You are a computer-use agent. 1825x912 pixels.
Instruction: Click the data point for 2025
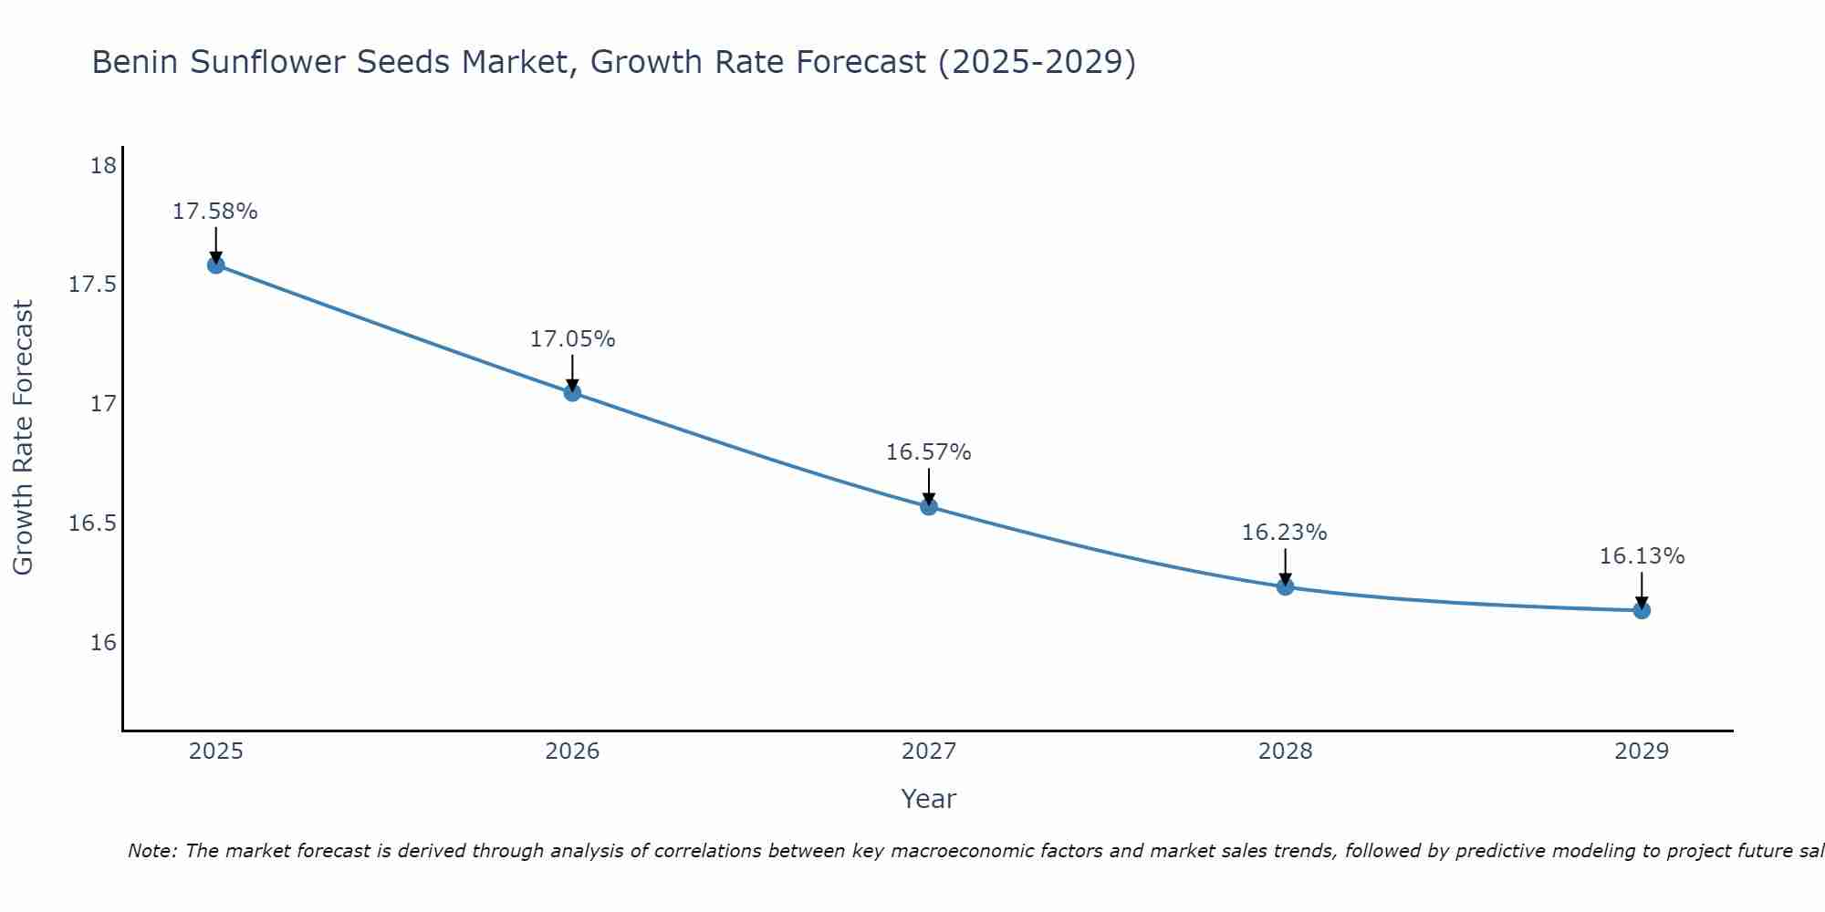216,265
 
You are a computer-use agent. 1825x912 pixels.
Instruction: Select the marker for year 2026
572,393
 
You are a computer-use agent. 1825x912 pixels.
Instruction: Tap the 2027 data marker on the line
929,507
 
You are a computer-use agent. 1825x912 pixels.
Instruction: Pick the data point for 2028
1285,586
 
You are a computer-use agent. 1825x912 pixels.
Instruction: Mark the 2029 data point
1642,610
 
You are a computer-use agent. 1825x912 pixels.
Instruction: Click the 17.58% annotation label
215,212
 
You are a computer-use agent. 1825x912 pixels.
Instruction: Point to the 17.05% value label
572,339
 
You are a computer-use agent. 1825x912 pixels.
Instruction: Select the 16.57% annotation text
929,452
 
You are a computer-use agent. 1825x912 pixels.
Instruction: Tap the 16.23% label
1285,533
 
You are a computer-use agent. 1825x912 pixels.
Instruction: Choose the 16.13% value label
1642,556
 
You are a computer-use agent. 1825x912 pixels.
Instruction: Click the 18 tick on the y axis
104,166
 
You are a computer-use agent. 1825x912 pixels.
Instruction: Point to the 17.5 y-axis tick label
93,285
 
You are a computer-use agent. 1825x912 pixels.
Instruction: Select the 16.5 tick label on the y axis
93,523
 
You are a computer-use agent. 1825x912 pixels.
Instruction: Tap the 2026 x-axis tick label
572,751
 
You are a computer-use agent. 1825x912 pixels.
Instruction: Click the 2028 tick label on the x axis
1285,751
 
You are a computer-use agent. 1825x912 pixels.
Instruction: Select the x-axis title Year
929,799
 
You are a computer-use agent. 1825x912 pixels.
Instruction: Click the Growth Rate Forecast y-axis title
24,438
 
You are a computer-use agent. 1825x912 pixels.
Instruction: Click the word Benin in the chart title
134,63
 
